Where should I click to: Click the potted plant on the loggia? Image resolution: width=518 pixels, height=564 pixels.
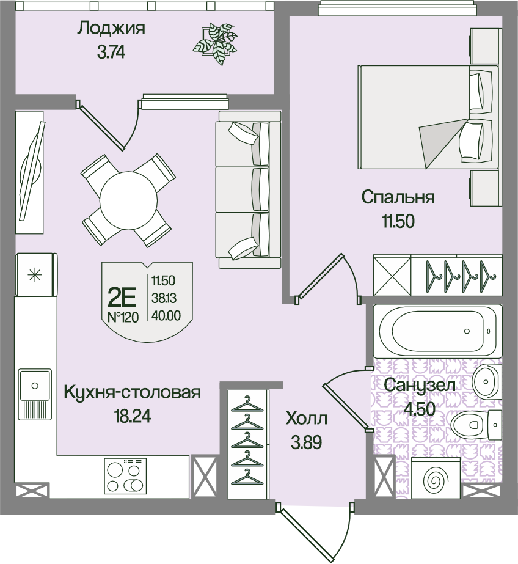(x=216, y=44)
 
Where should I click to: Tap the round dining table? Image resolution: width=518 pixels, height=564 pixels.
(x=129, y=200)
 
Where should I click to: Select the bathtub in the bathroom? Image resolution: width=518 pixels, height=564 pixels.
(x=437, y=331)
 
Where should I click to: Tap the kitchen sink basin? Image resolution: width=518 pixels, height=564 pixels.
(x=35, y=386)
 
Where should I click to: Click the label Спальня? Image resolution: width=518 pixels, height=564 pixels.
(x=398, y=197)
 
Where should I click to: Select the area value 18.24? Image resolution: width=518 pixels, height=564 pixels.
(x=133, y=417)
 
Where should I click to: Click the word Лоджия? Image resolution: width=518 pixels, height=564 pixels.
(x=111, y=29)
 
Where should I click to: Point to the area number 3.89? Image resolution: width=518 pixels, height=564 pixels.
(x=306, y=442)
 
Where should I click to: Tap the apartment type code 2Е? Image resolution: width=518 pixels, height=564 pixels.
(x=123, y=297)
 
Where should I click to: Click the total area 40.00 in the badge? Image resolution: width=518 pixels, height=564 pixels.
(x=166, y=316)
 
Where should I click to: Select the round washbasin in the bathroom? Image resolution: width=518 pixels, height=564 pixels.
(x=487, y=381)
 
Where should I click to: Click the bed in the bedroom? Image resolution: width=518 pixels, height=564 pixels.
(x=428, y=117)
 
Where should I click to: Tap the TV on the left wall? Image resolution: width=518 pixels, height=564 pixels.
(x=31, y=170)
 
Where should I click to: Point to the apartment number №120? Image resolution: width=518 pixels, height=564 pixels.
(x=123, y=317)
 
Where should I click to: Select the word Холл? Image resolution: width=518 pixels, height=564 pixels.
(x=306, y=419)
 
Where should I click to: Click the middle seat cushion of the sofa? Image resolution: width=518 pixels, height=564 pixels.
(x=243, y=189)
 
